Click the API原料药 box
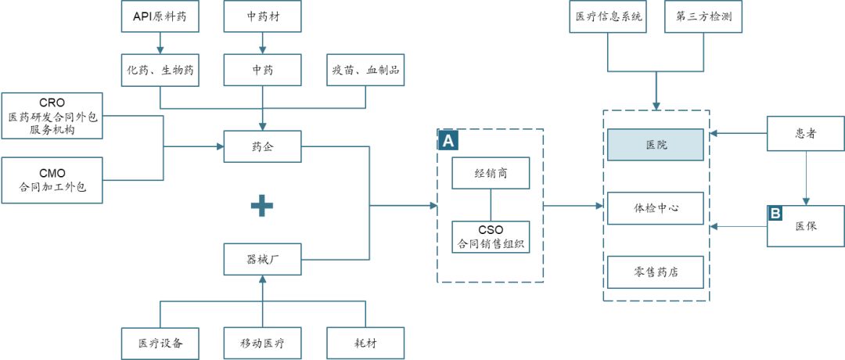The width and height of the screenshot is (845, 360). pyautogui.click(x=160, y=17)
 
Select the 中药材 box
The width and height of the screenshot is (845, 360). pyautogui.click(x=262, y=17)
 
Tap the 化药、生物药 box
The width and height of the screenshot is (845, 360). pyautogui.click(x=160, y=70)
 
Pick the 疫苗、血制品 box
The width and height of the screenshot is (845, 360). pyautogui.click(x=365, y=70)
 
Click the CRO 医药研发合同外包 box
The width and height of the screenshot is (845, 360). pyautogui.click(x=52, y=116)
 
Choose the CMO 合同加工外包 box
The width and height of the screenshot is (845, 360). pyautogui.click(x=52, y=179)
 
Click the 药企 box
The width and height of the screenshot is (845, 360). pyautogui.click(x=262, y=146)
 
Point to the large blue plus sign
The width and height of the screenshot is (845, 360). pyautogui.click(x=262, y=206)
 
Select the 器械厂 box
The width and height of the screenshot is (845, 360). pyautogui.click(x=262, y=259)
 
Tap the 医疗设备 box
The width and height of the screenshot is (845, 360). pyautogui.click(x=160, y=343)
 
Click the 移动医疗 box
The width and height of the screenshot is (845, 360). pyautogui.click(x=262, y=343)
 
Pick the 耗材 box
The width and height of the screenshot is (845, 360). pyautogui.click(x=365, y=343)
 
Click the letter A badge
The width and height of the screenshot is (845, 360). pyautogui.click(x=448, y=140)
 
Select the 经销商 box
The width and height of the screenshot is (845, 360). pyautogui.click(x=491, y=173)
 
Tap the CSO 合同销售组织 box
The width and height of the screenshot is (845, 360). pyautogui.click(x=491, y=236)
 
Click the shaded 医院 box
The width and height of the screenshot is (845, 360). pyautogui.click(x=656, y=146)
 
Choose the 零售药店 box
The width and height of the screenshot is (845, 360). pyautogui.click(x=656, y=272)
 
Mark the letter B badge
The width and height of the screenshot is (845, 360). pyautogui.click(x=775, y=213)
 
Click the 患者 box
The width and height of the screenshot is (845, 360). pyautogui.click(x=805, y=134)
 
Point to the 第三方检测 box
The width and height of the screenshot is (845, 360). pyautogui.click(x=703, y=17)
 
